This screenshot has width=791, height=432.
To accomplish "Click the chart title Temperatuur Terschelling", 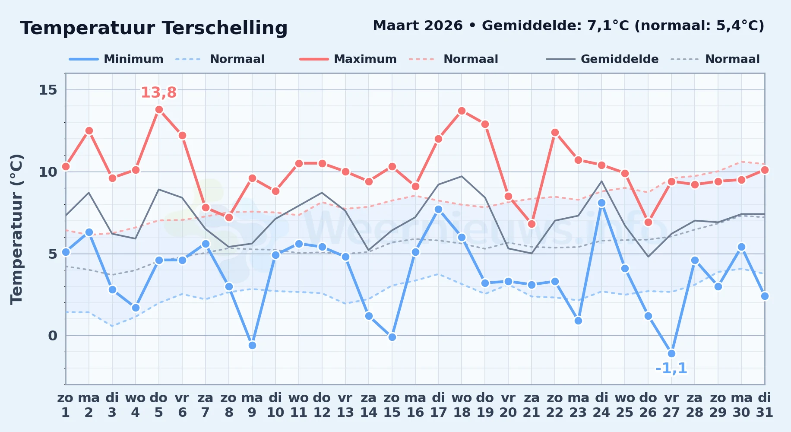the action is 154,28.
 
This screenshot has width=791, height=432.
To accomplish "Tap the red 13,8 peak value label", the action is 158,92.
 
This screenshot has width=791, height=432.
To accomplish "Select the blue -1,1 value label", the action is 671,368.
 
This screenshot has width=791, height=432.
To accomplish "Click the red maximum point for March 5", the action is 159,109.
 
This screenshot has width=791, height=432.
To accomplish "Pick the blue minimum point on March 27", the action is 671,353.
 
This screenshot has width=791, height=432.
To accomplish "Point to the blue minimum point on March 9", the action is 252,345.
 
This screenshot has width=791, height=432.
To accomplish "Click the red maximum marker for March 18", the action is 462,111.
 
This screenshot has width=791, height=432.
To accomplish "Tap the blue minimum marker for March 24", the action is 601,203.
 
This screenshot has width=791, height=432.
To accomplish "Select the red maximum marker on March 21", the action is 532,224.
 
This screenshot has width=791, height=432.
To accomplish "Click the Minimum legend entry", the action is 116,59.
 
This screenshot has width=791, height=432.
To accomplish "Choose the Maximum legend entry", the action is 348,59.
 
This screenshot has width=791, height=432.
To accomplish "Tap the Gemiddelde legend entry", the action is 602,59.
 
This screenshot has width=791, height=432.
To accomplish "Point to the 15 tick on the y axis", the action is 48,90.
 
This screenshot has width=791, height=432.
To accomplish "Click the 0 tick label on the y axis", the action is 53,336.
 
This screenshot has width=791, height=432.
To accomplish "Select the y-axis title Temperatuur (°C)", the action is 16,229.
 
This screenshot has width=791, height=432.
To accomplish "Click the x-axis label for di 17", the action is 438,405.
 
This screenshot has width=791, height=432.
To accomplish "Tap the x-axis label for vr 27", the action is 671,405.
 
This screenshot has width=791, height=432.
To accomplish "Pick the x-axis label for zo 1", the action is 65,405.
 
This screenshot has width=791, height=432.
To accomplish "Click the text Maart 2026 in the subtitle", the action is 418,26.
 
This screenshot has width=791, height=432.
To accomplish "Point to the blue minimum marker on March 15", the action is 392,337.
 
